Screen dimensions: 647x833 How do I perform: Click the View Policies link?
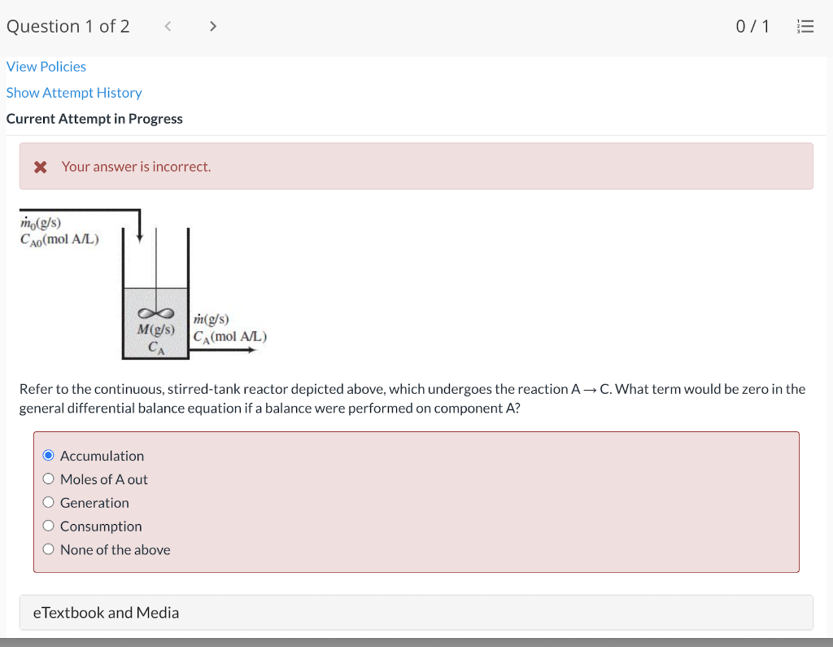coord(46,67)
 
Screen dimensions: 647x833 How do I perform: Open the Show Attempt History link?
coord(74,93)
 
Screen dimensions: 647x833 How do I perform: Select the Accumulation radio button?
coord(49,456)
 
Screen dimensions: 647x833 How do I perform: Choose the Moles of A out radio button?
coord(49,479)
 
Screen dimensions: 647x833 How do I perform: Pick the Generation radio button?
coord(49,503)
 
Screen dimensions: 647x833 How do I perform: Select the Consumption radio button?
coord(49,527)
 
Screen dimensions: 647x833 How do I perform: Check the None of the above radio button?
coord(49,549)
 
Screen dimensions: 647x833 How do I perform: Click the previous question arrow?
coord(168,26)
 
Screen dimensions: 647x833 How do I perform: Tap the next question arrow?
coord(213,26)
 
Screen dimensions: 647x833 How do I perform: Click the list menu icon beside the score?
coord(805,27)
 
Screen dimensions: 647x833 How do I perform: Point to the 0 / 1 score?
coord(752,27)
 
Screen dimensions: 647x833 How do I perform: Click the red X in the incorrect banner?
coord(40,167)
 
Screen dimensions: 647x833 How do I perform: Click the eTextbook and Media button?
coord(106,613)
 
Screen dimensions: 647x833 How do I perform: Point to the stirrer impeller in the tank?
coord(156,313)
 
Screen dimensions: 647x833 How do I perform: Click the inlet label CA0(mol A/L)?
coord(59,239)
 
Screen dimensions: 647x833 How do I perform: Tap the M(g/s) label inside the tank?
coord(156,330)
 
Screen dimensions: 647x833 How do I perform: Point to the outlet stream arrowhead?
coord(252,350)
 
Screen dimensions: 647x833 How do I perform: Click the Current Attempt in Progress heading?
coord(94,119)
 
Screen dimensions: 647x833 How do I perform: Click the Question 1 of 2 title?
coord(68,27)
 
